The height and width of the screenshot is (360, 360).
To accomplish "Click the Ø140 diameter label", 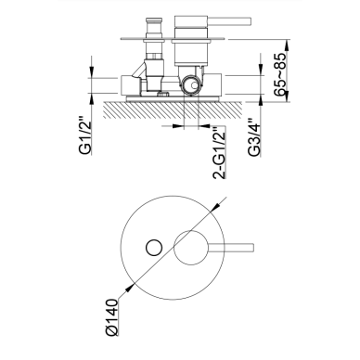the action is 111,317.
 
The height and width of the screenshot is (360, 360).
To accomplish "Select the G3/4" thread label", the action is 255,137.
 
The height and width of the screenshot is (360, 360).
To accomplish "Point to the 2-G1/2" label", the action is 219,153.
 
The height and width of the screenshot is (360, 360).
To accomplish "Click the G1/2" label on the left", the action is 85,135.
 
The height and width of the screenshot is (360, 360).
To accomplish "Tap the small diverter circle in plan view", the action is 154,248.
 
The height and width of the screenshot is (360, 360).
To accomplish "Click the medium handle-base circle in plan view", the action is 191,248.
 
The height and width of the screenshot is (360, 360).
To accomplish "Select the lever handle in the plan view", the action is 231,248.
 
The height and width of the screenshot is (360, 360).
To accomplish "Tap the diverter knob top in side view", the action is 153,21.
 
